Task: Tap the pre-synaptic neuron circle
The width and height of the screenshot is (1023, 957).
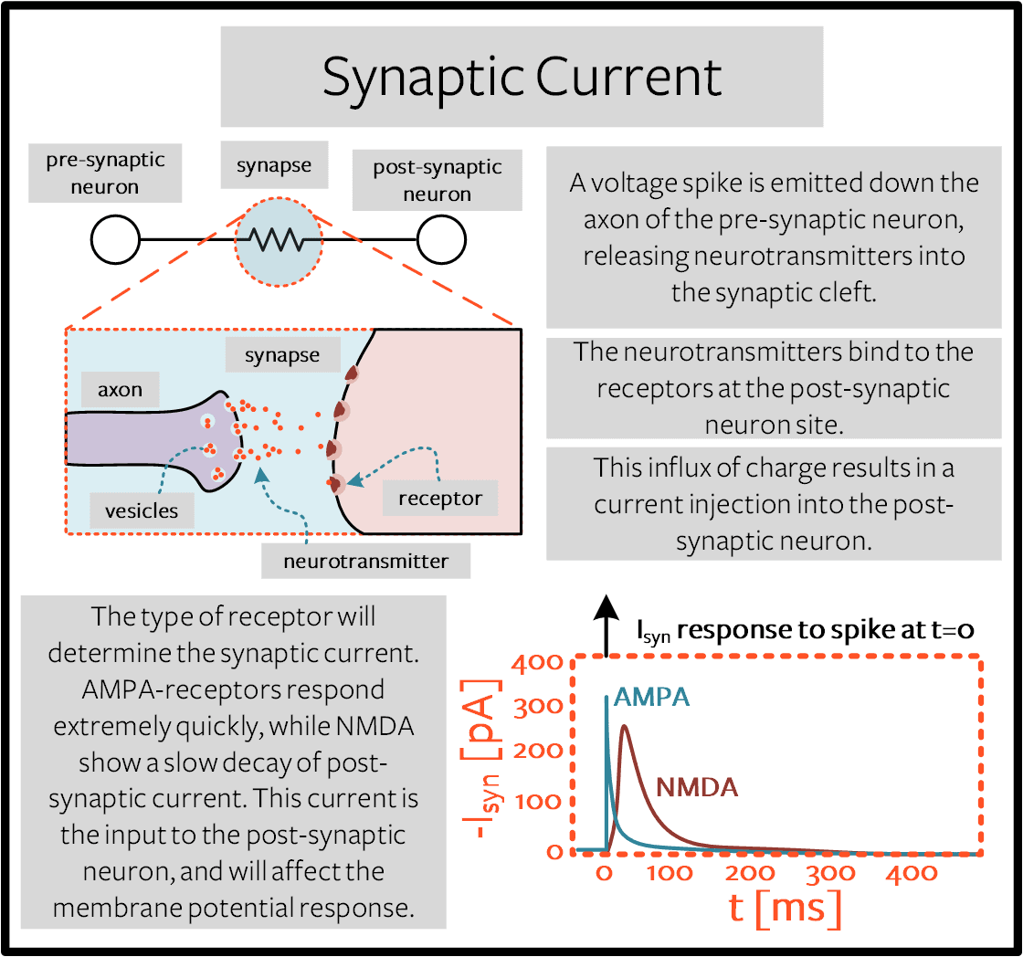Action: pyautogui.click(x=115, y=239)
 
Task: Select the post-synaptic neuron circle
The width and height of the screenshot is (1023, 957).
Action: pyautogui.click(x=442, y=239)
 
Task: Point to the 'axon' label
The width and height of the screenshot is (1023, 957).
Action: pyautogui.click(x=120, y=389)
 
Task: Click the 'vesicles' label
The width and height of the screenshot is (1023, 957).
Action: pyautogui.click(x=142, y=510)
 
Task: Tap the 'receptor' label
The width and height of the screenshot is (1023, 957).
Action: pyautogui.click(x=440, y=499)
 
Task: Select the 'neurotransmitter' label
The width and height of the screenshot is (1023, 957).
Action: pyautogui.click(x=366, y=561)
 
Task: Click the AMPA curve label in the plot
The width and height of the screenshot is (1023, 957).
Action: pyautogui.click(x=651, y=697)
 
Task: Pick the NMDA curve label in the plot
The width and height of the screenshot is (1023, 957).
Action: pyautogui.click(x=697, y=787)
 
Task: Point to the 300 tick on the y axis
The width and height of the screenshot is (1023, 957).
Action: pyautogui.click(x=538, y=707)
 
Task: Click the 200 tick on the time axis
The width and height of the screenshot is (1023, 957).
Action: pyautogui.click(x=750, y=873)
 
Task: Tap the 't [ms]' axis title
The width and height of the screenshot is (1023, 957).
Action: pyautogui.click(x=785, y=908)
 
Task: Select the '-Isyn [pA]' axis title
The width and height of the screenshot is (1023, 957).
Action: pyautogui.click(x=481, y=759)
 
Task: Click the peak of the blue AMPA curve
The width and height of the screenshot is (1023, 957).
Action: pyautogui.click(x=606, y=698)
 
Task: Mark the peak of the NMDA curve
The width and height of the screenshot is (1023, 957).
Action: pyautogui.click(x=625, y=726)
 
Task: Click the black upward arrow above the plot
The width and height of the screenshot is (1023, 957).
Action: pyautogui.click(x=606, y=625)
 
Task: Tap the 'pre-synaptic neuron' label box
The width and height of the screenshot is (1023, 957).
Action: pyautogui.click(x=105, y=173)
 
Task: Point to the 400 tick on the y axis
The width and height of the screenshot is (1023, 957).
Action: pyautogui.click(x=538, y=663)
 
